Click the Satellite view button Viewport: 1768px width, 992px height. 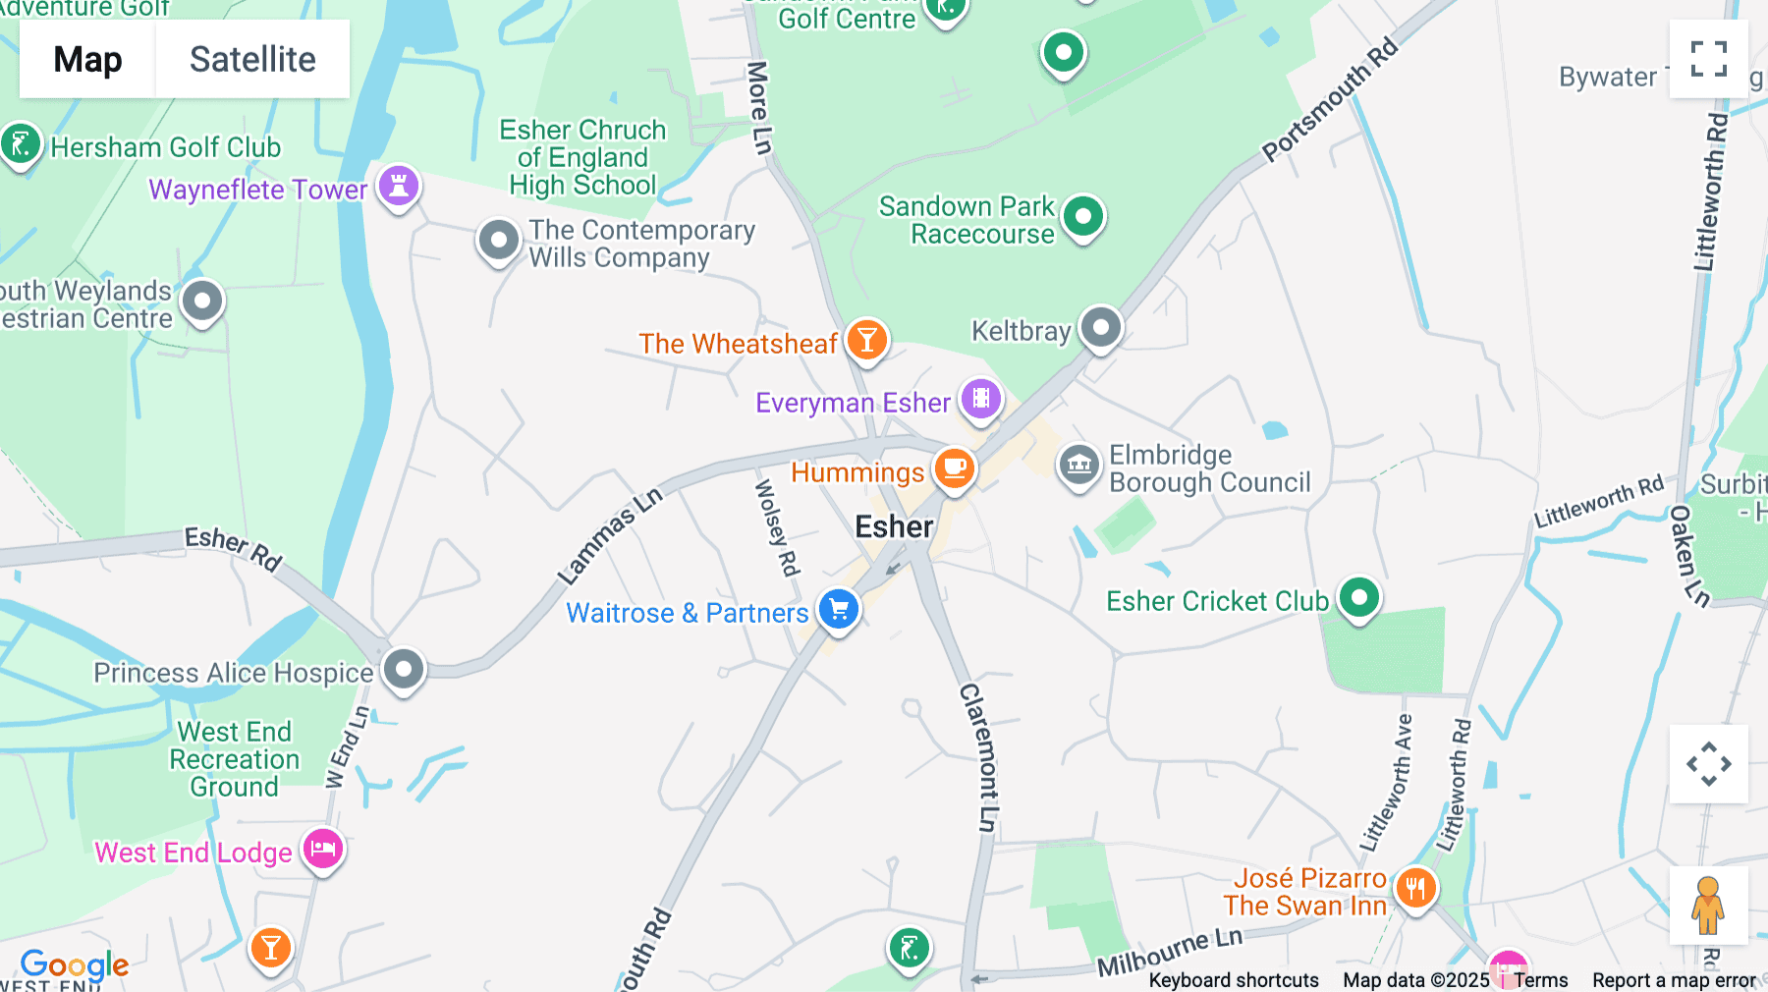[252, 59]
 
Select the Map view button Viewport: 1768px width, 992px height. [87, 59]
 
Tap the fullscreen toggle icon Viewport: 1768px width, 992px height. [1708, 59]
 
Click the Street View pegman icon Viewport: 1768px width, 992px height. [1708, 905]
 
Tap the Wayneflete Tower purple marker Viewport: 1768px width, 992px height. [399, 185]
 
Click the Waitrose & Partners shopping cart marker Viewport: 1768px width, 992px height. [839, 609]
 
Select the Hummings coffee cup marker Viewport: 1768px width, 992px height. [954, 468]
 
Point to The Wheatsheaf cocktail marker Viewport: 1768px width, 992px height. [866, 340]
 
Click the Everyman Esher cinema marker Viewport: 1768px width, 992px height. [980, 399]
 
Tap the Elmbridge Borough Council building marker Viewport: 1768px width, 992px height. [1078, 464]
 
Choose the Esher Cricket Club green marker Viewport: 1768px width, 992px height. [1359, 597]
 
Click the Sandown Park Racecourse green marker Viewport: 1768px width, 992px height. [1083, 216]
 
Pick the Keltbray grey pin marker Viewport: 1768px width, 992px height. [1101, 327]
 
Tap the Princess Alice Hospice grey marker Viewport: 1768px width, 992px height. [404, 670]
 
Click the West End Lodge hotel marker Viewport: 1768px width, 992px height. [323, 849]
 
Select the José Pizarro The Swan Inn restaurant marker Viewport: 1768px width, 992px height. [1415, 889]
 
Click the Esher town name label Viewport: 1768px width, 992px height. [894, 527]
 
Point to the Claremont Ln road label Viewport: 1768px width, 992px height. [980, 757]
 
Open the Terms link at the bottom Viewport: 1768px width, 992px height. [1540, 980]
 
